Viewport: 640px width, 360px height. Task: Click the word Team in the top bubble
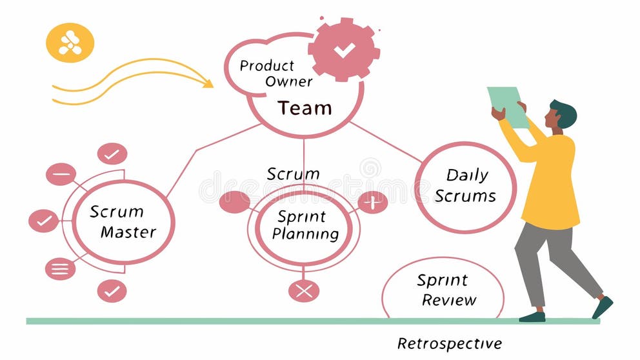(x=305, y=108)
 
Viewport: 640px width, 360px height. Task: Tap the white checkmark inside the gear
(x=343, y=50)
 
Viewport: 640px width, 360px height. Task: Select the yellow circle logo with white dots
(x=70, y=43)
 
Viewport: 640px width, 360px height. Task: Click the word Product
(x=266, y=66)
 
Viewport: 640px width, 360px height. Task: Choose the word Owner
(x=288, y=82)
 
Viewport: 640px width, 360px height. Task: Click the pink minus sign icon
(x=61, y=174)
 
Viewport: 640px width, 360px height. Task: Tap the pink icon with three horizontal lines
(x=60, y=268)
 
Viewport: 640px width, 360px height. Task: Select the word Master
(x=128, y=232)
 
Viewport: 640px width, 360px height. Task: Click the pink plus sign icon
(x=372, y=202)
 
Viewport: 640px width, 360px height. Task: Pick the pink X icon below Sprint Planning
(x=304, y=290)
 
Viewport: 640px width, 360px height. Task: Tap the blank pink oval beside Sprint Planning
(x=235, y=202)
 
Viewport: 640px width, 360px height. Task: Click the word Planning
(x=305, y=234)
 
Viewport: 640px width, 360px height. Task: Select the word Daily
(x=467, y=175)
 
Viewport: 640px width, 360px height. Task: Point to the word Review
(x=449, y=300)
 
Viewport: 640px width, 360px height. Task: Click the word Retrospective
(x=449, y=343)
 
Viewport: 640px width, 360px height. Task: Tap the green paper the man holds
(x=508, y=105)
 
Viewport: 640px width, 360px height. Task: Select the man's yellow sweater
(x=550, y=181)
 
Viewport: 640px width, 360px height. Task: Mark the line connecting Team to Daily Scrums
(x=387, y=142)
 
